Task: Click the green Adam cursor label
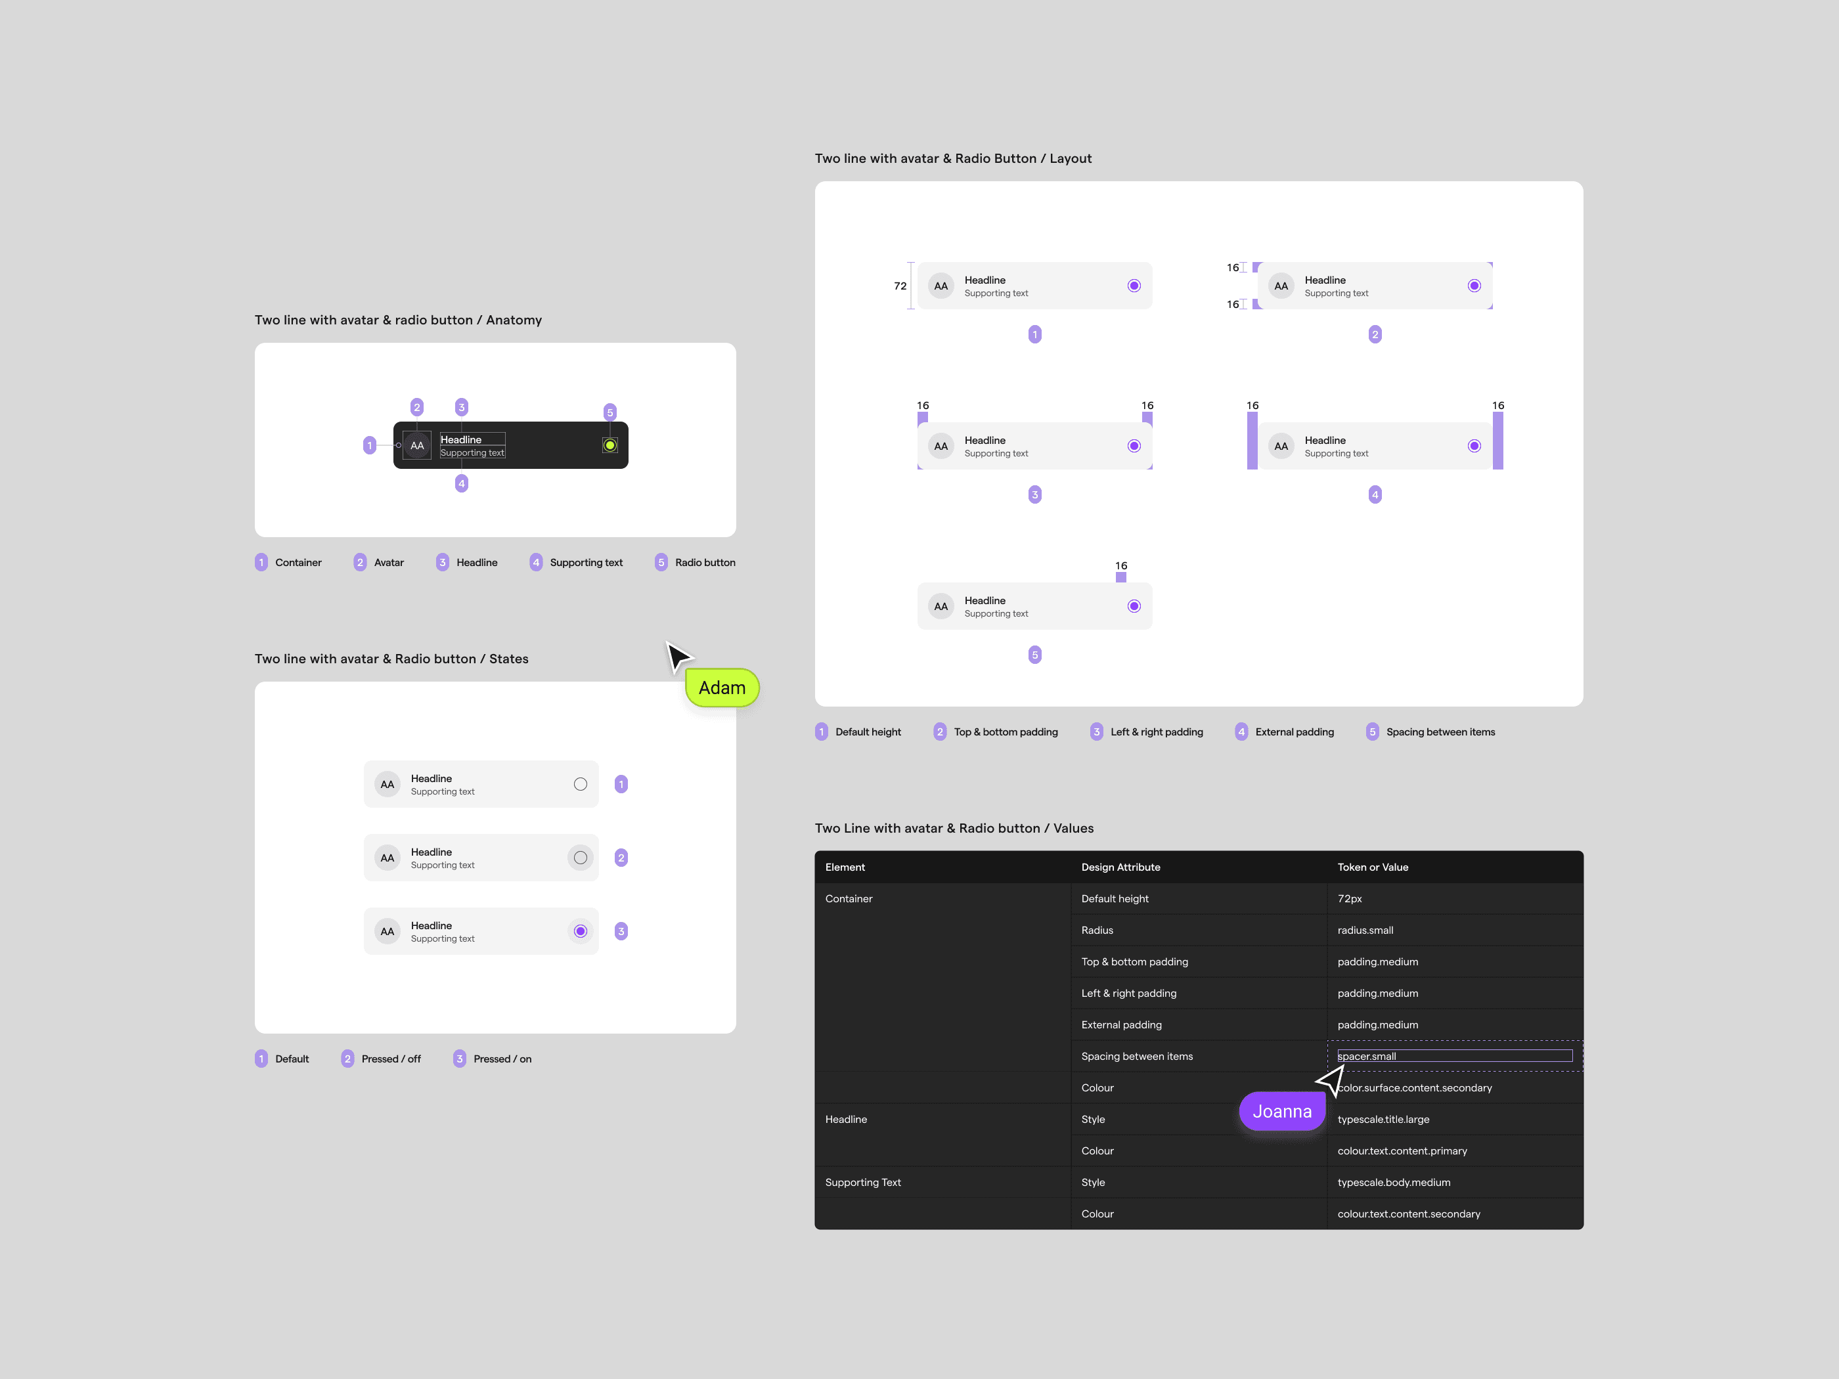(722, 688)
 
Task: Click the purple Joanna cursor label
(1282, 1111)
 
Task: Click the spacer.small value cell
(1454, 1056)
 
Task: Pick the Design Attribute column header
(1120, 867)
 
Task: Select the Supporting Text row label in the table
(862, 1182)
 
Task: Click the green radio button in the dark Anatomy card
(610, 445)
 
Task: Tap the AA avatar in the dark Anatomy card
(417, 445)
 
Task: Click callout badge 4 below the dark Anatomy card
(462, 484)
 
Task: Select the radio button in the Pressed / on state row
(581, 931)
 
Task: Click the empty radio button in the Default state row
(581, 784)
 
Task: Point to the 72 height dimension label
(900, 286)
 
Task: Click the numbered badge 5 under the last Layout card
(1035, 655)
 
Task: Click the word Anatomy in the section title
(514, 320)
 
